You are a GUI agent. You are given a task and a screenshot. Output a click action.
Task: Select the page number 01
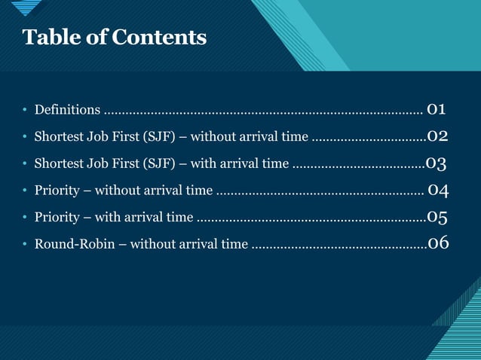click(x=436, y=109)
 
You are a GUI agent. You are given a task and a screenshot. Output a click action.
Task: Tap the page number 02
click(x=438, y=136)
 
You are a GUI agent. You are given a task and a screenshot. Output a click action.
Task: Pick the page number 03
click(x=437, y=163)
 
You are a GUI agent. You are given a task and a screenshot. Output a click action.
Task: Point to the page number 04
click(x=439, y=190)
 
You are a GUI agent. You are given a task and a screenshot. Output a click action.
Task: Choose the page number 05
click(x=438, y=217)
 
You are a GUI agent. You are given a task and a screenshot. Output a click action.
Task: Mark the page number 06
click(x=438, y=243)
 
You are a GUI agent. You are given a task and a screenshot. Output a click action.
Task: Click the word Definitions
click(x=67, y=111)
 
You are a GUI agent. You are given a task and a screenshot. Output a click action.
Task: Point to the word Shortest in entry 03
click(x=60, y=164)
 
